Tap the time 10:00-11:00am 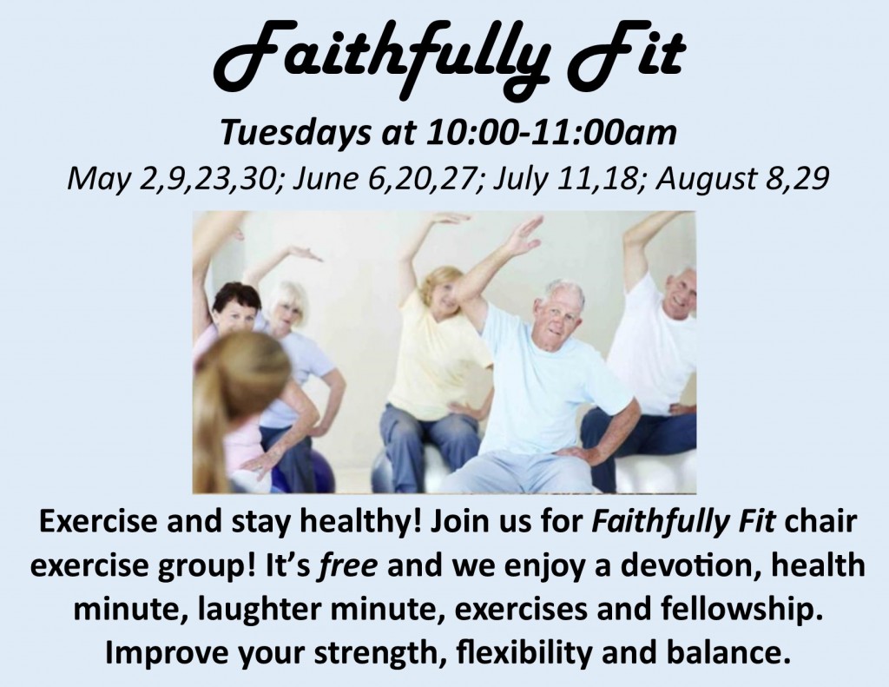pyautogui.click(x=552, y=133)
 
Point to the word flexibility pyautogui.click(x=524, y=653)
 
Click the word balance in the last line pyautogui.click(x=728, y=652)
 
